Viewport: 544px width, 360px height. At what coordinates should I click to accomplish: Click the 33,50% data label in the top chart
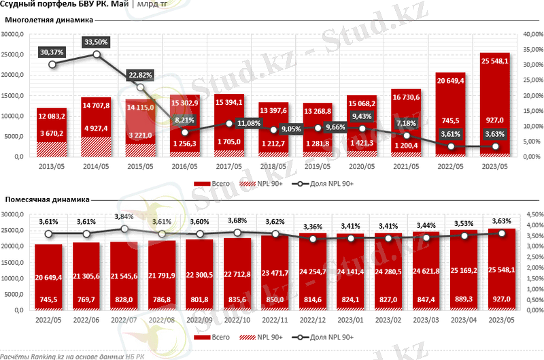point(96,42)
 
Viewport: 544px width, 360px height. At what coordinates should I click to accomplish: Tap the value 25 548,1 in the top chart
point(494,61)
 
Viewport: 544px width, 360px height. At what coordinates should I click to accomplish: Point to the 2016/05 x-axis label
point(185,167)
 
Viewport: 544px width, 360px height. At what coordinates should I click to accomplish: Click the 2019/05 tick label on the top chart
point(318,167)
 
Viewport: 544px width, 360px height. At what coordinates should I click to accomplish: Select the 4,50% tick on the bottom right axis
point(531,214)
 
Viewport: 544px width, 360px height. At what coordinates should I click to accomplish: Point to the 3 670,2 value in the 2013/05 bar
point(52,134)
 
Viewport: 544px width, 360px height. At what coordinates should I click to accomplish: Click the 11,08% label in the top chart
point(229,123)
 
